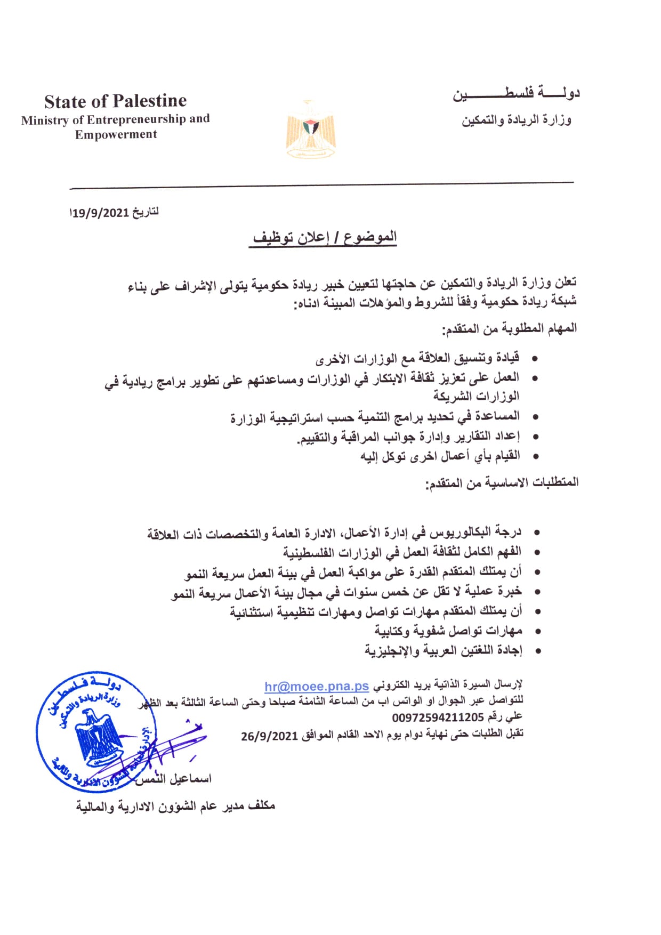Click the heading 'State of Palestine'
coord(115,101)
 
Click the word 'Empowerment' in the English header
coord(116,134)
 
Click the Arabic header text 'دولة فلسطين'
coord(516,94)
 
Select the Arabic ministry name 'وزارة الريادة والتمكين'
coord(516,120)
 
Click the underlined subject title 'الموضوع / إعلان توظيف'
coord(325,237)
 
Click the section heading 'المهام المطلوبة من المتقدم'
coord(509,328)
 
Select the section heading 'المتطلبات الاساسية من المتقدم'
coord(502,482)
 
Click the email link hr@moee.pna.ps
coord(317,686)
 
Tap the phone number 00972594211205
coord(438,718)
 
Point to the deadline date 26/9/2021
coord(269,736)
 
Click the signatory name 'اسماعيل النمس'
coord(176,779)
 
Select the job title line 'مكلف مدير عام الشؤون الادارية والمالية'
coord(175,806)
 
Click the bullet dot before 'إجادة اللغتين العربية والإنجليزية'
coord(537,651)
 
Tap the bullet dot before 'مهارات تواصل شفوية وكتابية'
coord(537,632)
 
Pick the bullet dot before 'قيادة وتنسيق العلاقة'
coord(535,358)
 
